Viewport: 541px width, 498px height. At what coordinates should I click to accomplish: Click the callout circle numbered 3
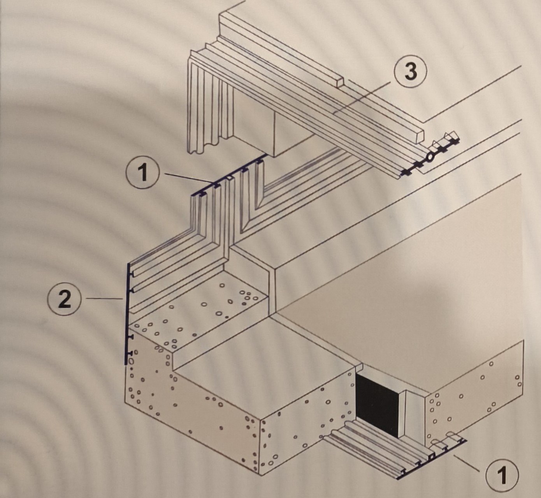click(411, 72)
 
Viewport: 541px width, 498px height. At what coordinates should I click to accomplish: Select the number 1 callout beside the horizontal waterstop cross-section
click(143, 173)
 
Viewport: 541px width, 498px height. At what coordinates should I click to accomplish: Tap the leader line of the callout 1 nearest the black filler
click(467, 463)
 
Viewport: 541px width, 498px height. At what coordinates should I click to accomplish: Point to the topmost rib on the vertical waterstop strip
click(131, 275)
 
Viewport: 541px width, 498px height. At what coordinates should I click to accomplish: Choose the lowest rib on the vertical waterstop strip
click(130, 353)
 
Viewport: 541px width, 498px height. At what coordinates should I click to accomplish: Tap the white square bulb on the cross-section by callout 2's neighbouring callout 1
click(229, 178)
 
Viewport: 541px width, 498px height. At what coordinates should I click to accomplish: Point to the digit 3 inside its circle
click(411, 72)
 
